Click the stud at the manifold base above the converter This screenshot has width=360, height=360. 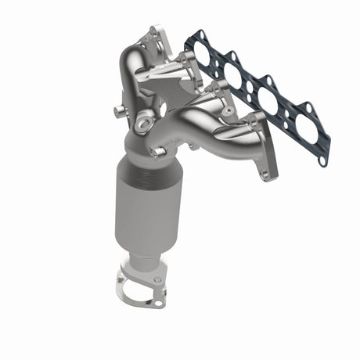[x=157, y=150]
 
